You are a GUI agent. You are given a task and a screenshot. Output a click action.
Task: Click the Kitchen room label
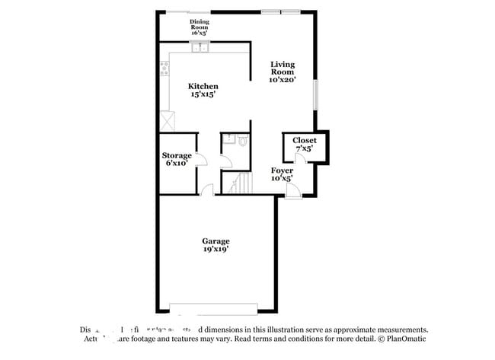tap(203, 87)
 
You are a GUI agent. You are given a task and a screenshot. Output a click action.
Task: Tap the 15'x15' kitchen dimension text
tap(203, 95)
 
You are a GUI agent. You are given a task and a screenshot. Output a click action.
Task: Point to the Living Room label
tap(282, 68)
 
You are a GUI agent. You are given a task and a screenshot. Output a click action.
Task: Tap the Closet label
tap(304, 140)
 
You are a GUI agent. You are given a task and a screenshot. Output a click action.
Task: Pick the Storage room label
tap(176, 155)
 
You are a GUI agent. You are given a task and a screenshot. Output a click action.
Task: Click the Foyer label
tap(283, 170)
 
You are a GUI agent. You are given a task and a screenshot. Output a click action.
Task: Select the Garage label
tap(216, 241)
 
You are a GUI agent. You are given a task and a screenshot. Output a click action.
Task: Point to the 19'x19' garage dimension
tap(216, 249)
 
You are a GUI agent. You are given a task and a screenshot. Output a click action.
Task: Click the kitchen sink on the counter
tap(201, 49)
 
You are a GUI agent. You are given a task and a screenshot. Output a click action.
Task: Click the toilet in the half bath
tap(242, 141)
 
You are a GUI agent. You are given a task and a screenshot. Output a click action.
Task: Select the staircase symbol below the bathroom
tap(240, 183)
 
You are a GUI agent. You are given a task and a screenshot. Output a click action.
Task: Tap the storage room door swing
tap(201, 158)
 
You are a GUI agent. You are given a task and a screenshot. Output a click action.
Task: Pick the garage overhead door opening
tap(216, 308)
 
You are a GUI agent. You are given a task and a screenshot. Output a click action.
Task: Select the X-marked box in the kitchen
tap(167, 119)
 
